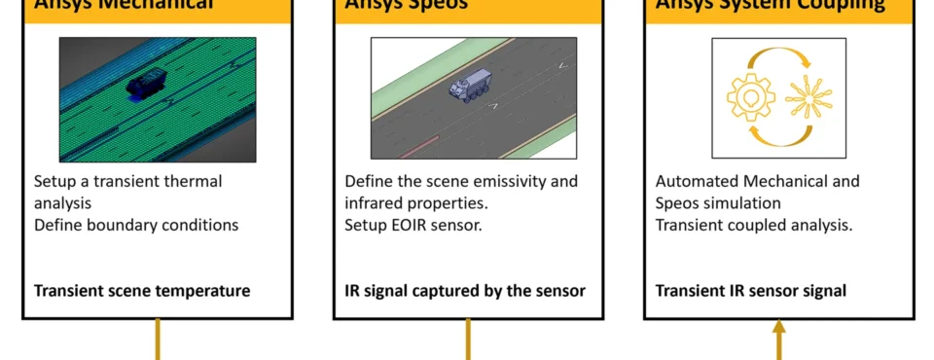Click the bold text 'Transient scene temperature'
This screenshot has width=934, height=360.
(142, 290)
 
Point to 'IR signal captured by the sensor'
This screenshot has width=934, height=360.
(465, 290)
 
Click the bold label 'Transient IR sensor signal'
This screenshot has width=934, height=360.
(750, 290)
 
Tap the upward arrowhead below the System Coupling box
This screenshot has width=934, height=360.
(778, 330)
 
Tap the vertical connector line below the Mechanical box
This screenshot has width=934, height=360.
(157, 340)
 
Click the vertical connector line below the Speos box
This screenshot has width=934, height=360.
(468, 340)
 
